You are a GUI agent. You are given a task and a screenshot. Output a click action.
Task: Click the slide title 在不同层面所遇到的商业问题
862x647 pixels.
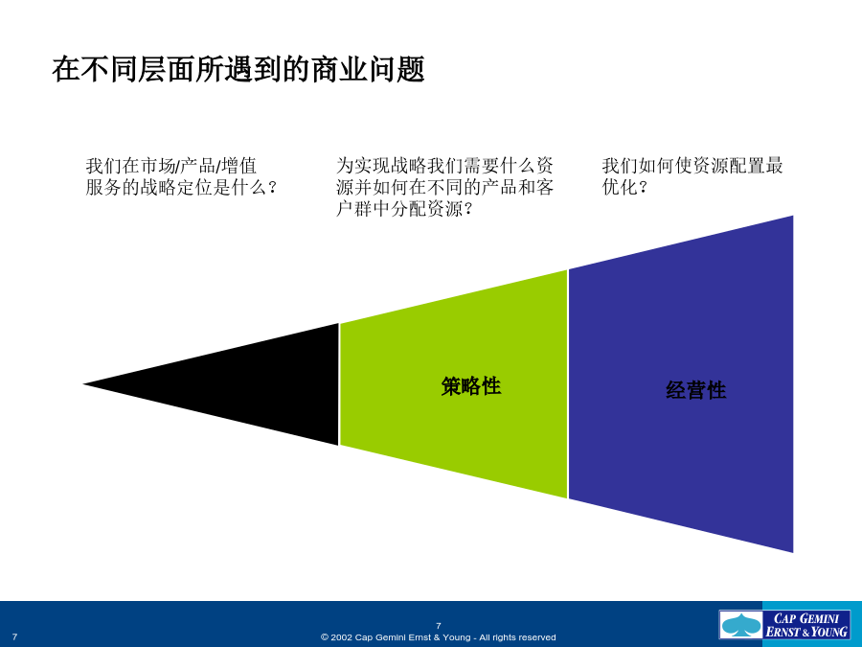(x=238, y=70)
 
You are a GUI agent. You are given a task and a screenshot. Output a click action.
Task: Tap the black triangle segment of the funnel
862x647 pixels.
(x=253, y=384)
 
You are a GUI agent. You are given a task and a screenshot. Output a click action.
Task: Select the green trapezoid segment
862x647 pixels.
(x=454, y=384)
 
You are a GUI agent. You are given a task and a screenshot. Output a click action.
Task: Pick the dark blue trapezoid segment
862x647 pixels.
(x=681, y=384)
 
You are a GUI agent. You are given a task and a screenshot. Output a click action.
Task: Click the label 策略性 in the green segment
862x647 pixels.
(x=471, y=385)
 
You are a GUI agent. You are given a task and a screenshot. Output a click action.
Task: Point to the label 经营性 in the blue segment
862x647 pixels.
(x=696, y=390)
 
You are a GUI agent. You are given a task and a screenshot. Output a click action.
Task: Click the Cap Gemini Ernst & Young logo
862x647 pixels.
(x=784, y=625)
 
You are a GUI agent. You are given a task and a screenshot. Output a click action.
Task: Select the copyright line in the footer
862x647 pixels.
(x=438, y=637)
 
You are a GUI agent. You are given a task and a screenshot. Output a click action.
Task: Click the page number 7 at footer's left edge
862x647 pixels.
(x=14, y=637)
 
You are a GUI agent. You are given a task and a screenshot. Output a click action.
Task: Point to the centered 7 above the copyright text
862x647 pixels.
(x=438, y=626)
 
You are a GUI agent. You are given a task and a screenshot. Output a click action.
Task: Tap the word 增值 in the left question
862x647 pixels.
(x=239, y=166)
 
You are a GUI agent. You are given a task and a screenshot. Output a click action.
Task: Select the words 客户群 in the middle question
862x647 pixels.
(x=354, y=198)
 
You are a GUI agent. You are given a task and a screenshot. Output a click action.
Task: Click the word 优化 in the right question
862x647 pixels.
(x=620, y=187)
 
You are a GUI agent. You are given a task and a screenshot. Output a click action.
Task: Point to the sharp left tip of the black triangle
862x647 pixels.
(x=83, y=384)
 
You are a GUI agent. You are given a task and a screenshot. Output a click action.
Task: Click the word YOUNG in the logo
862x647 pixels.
(x=829, y=632)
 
